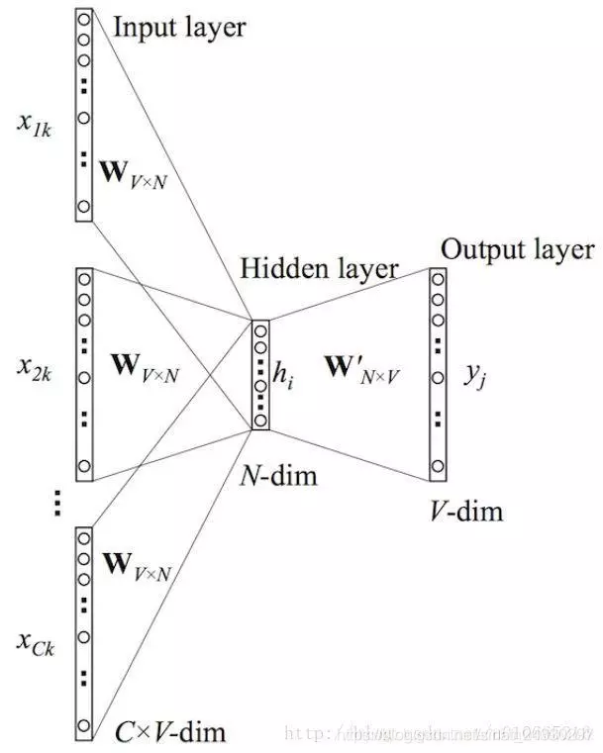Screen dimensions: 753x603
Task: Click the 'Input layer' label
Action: click(x=178, y=27)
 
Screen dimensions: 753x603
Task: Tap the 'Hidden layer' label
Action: click(x=318, y=268)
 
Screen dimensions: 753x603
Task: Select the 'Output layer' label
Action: click(x=518, y=248)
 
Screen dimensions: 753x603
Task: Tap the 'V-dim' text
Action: click(x=466, y=512)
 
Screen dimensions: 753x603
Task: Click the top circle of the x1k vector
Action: click(x=83, y=18)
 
